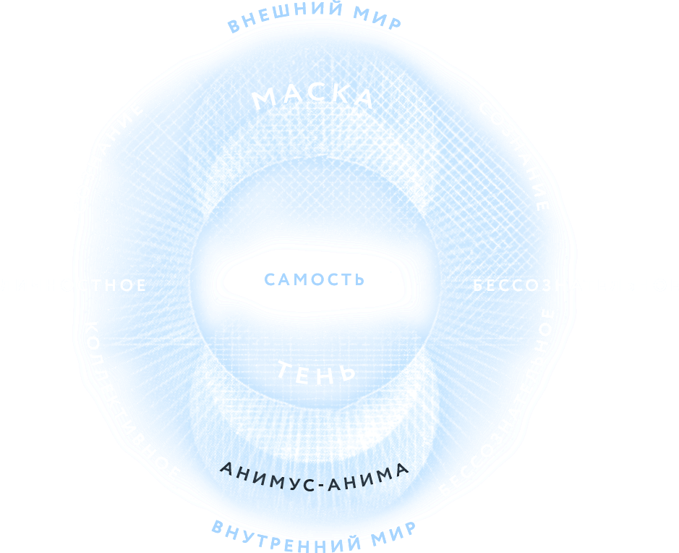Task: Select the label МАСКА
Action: pos(313,97)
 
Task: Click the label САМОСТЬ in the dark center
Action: pos(314,279)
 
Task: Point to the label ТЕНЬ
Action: pos(317,372)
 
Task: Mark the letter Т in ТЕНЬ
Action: pos(284,370)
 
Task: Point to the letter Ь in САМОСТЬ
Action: pos(358,279)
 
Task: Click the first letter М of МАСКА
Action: pos(263,100)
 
